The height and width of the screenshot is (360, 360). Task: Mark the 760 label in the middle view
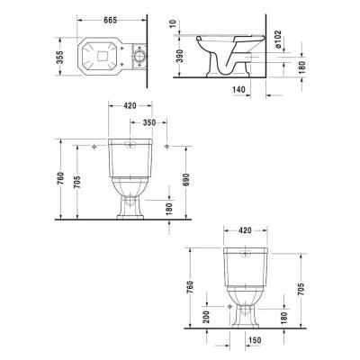(x=59, y=181)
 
